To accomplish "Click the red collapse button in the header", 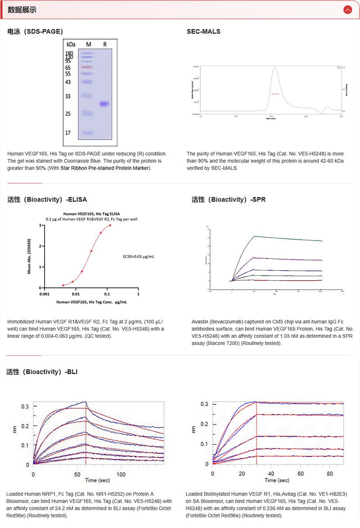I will point(347,9).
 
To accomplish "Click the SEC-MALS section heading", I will point(203,31).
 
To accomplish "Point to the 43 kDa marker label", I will point(68,82).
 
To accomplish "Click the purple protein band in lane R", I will point(104,104).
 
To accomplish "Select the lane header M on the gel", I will point(89,45).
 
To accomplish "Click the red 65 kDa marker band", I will point(87,67).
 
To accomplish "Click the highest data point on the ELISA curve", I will point(110,226).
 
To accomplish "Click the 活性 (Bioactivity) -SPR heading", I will point(228,199).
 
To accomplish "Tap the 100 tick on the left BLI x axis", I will point(121,474).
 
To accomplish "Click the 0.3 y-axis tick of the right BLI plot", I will point(204,404).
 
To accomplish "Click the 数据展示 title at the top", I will point(22,9).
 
